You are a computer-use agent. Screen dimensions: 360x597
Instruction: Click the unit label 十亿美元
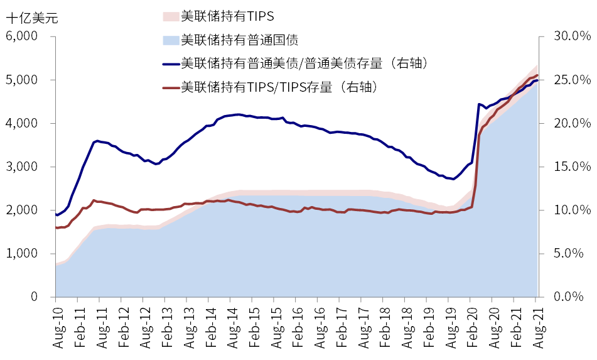(31, 18)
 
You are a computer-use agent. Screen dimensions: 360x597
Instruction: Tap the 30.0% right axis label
(570, 36)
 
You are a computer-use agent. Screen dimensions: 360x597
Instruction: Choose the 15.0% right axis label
(570, 166)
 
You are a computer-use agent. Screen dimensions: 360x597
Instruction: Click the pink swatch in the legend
(170, 16)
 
